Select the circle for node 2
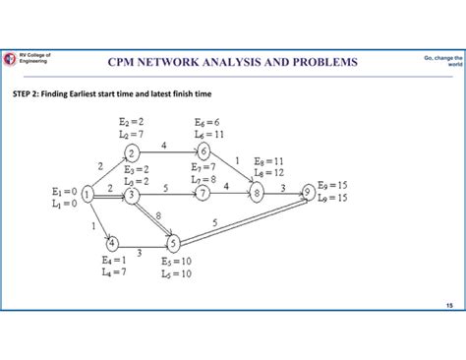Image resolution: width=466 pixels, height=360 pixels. point(132,152)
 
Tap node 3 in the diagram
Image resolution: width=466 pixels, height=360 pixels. point(131,195)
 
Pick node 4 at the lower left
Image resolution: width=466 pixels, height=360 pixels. point(112,242)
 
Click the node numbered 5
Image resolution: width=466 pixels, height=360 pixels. point(173,242)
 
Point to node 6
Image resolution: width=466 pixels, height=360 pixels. point(204,151)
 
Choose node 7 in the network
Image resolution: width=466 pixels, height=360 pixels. point(204,194)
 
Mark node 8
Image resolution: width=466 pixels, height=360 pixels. point(258,194)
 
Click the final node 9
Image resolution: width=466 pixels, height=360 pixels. point(311,192)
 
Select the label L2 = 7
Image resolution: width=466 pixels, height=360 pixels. point(131,133)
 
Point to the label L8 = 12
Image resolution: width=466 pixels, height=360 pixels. point(269,172)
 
